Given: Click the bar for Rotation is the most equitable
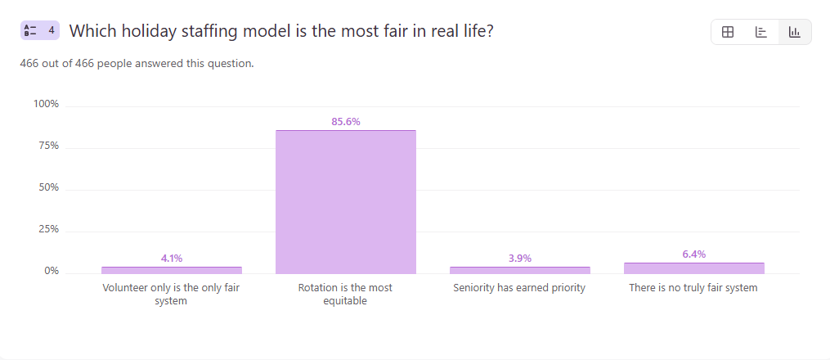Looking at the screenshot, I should pos(345,202).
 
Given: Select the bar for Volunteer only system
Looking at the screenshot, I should pos(172,270).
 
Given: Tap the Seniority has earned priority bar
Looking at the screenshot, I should pos(519,270).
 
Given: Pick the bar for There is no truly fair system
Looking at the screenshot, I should pos(693,268).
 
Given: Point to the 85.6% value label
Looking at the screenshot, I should pos(346,122).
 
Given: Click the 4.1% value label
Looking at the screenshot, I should pos(172,259).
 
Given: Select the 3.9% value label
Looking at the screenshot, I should pos(520,259).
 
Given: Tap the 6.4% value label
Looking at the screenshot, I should pos(693,254).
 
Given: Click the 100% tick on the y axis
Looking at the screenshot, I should pos(46,104).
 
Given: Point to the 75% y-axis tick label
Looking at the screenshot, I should pos(48,146).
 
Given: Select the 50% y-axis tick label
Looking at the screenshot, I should pos(48,187).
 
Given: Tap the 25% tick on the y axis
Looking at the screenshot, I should pos(48,229).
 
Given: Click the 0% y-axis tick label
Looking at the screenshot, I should pos(51,271).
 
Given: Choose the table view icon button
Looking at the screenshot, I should pos(728,32).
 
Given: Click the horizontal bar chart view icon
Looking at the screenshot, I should pos(761,32).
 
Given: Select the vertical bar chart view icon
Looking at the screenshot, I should pos(794,32).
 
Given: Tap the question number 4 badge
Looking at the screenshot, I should pos(40,31).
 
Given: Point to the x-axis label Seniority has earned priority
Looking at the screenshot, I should pos(519,288).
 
